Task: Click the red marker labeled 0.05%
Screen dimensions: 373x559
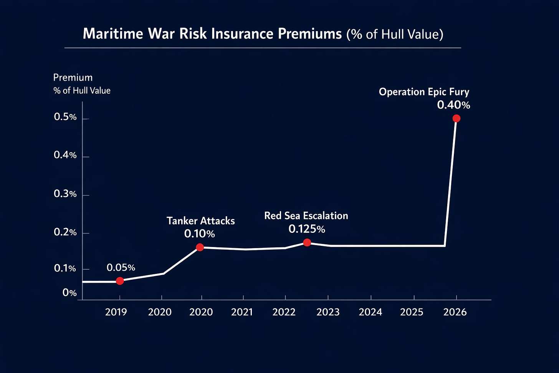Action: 120,281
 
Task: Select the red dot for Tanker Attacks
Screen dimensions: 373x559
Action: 200,247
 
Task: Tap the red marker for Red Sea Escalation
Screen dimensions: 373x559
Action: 307,242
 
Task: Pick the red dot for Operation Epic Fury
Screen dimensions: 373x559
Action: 456,118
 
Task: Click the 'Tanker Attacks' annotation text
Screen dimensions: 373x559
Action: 201,221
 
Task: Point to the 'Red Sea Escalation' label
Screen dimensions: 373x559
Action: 306,216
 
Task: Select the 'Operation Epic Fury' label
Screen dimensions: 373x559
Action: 424,92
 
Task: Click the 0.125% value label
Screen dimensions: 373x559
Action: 307,229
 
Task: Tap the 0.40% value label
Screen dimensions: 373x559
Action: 453,105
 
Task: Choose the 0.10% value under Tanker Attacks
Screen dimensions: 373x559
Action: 199,234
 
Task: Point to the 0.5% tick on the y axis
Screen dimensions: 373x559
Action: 65,117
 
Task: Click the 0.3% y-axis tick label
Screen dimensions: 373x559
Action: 65,194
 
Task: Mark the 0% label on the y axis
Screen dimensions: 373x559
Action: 69,293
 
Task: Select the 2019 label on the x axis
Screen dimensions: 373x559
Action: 116,312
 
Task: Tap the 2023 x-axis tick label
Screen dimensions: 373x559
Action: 328,312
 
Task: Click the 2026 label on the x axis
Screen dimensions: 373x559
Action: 455,312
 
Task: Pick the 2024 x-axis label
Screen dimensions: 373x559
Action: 370,312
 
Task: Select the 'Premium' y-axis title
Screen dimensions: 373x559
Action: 73,78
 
